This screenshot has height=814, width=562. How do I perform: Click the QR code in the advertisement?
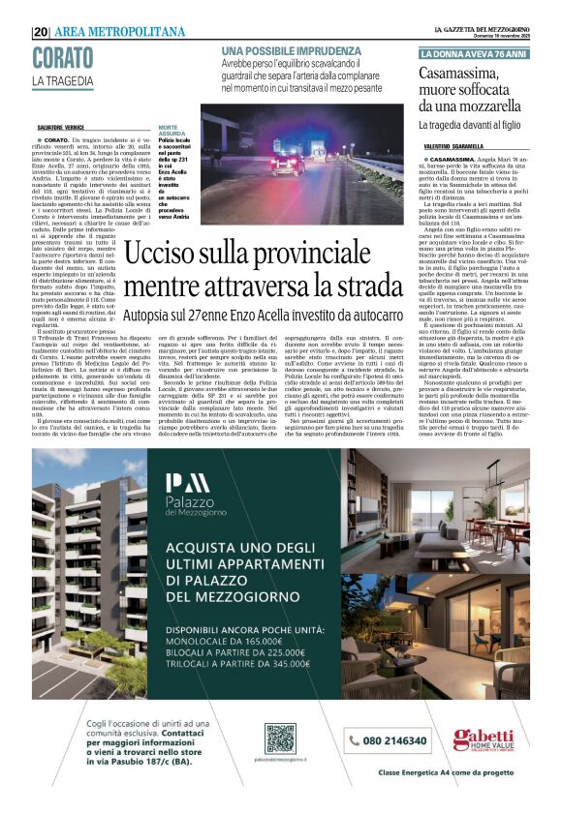279,738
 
